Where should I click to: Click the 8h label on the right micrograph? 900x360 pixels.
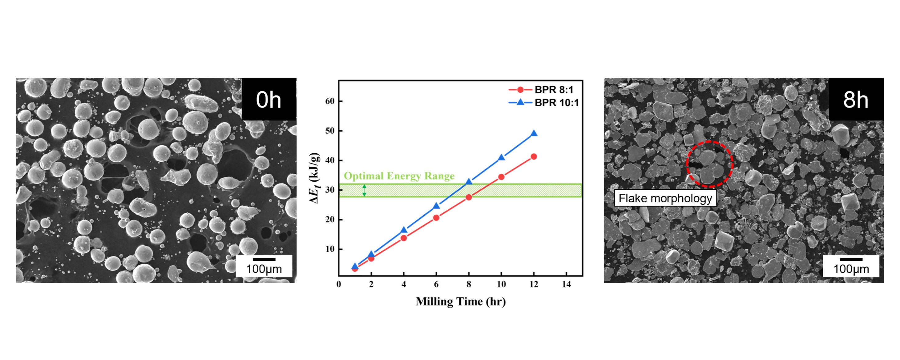(856, 99)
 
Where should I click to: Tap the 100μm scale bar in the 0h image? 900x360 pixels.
(264, 266)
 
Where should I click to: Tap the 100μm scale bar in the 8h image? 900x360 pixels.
(851, 266)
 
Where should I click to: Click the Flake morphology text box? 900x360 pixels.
(665, 198)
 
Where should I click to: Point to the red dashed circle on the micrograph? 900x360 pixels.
(710, 164)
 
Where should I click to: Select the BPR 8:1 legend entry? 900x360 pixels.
(541, 90)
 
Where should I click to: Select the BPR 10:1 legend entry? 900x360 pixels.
(544, 103)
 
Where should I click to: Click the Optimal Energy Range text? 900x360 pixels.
(399, 176)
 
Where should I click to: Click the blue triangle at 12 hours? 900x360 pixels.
(534, 134)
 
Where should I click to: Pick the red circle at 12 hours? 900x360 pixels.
(534, 156)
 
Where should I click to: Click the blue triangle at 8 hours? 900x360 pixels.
(469, 182)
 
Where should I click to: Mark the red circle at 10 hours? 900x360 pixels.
(501, 177)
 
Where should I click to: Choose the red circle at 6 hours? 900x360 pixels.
(436, 218)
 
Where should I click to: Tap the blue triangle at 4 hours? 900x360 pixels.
(404, 230)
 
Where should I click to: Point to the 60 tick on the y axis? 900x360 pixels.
(330, 101)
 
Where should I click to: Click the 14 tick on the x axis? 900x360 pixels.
(566, 285)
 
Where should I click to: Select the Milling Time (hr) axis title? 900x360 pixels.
(461, 301)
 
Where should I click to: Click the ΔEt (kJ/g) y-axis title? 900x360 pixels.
(314, 178)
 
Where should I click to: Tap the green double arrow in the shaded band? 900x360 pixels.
(364, 191)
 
